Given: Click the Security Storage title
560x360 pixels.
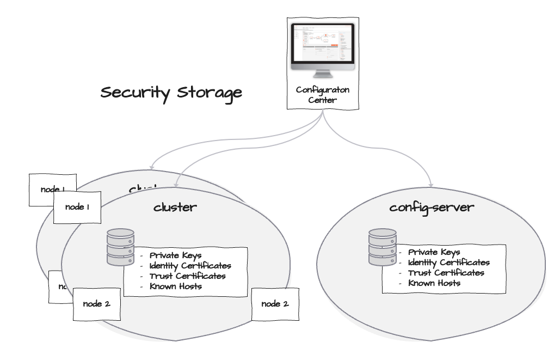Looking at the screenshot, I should [x=171, y=93].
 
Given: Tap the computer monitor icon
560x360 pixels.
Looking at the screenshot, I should [x=322, y=50].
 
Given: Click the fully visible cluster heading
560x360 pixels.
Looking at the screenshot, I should [x=175, y=207].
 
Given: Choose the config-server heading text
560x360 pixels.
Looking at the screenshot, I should [x=432, y=208].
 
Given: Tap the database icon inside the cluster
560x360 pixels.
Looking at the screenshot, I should [x=120, y=247].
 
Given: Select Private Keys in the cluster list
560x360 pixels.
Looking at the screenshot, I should [x=175, y=255].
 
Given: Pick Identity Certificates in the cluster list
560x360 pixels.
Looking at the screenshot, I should [x=190, y=266].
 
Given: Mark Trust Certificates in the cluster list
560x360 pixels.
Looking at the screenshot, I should [x=187, y=276].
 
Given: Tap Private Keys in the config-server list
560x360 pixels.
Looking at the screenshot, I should [x=434, y=252].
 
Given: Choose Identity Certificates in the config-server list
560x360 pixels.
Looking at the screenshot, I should [x=448, y=263].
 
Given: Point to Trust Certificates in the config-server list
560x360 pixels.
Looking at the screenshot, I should [x=446, y=273].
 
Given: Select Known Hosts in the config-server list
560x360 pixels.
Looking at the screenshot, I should [x=434, y=283].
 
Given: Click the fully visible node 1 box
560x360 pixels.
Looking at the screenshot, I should [x=77, y=208].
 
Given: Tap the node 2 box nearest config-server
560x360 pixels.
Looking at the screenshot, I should [x=275, y=304].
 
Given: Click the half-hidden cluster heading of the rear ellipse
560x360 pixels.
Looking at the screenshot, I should [x=143, y=190].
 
